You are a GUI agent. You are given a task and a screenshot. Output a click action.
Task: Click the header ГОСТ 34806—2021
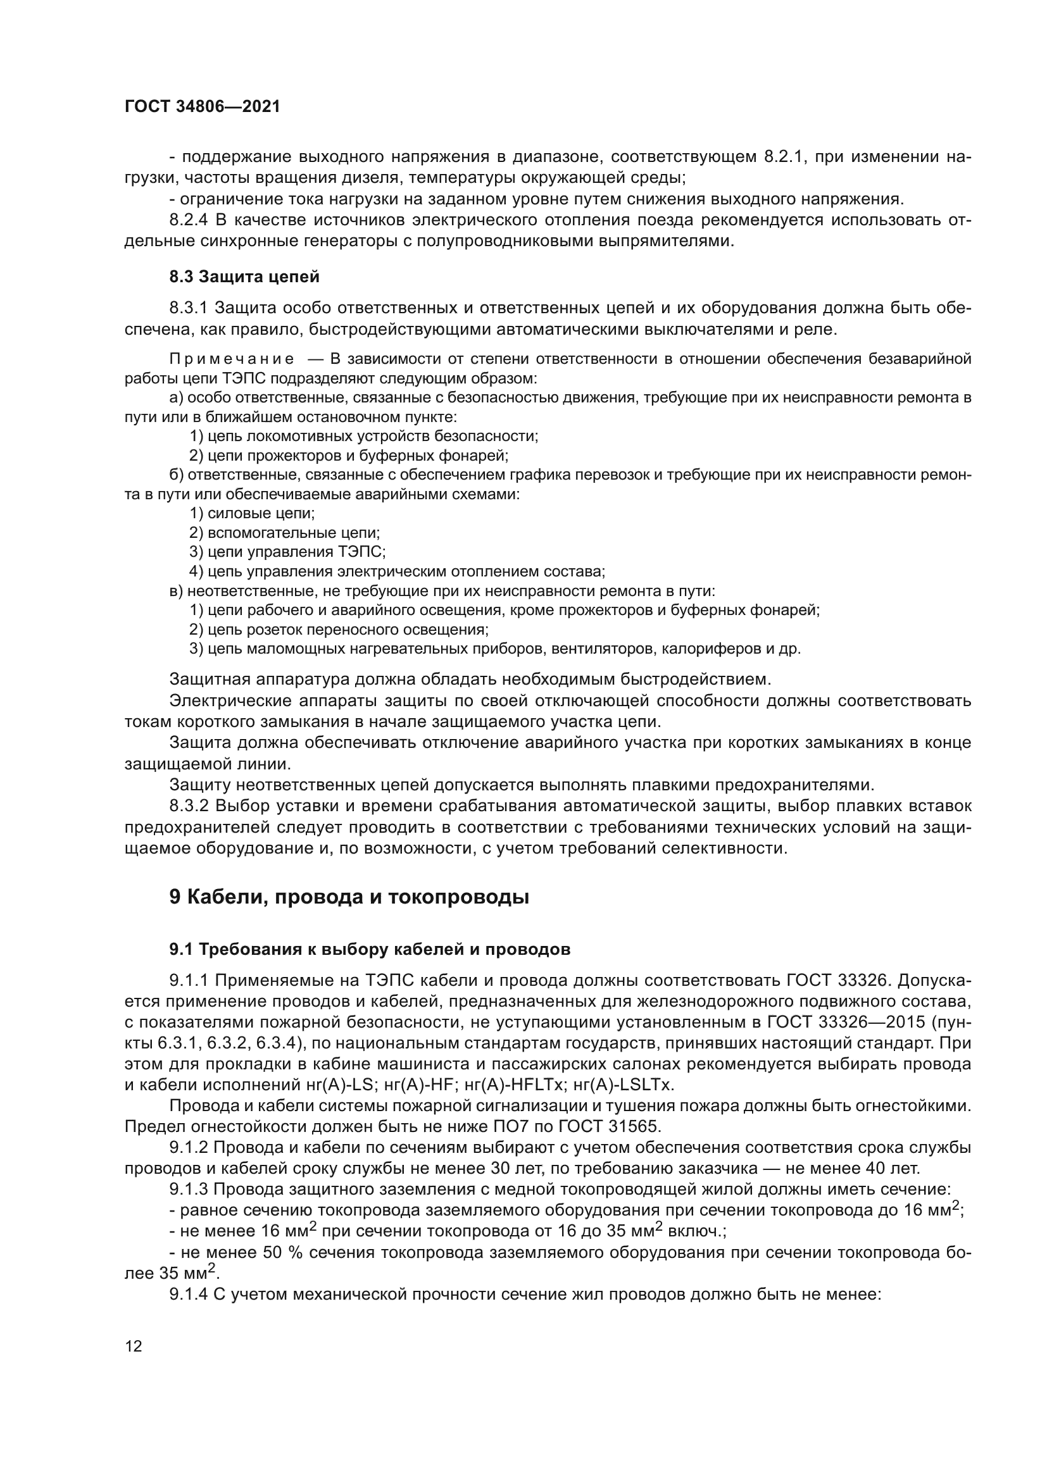(203, 107)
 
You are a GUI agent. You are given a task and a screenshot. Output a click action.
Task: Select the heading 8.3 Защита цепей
(244, 277)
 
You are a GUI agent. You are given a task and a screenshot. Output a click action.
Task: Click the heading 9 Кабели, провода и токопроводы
(349, 897)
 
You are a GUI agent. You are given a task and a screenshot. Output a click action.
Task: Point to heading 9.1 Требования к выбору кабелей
(370, 950)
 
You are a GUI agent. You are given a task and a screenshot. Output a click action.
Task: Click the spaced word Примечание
(232, 359)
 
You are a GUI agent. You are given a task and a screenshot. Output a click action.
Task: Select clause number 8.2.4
(188, 220)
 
